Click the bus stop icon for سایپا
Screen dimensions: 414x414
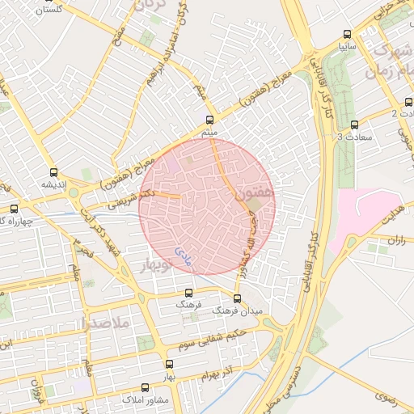[347, 35]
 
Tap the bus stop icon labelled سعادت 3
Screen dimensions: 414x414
[355, 125]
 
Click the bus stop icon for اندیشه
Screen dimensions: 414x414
[54, 172]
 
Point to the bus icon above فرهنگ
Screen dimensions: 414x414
[188, 293]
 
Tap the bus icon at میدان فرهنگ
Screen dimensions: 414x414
[236, 298]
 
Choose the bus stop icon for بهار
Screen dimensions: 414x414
[169, 364]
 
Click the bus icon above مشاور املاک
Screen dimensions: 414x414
[145, 387]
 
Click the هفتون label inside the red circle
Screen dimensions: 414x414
[256, 195]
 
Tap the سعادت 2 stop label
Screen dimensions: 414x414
[406, 113]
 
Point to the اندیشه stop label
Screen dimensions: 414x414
[54, 184]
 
